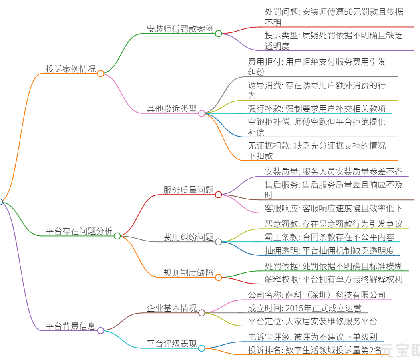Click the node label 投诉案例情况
pyautogui.click(x=71, y=69)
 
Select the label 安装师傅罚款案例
pyautogui.click(x=180, y=29)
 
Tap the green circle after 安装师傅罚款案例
pyautogui.click(x=218, y=34)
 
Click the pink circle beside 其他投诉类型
pyautogui.click(x=202, y=113)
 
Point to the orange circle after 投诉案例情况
pyautogui.click(x=100, y=74)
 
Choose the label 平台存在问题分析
pyautogui.click(x=79, y=231)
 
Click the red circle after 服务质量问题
pyautogui.click(x=218, y=195)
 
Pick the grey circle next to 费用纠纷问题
pyautogui.click(x=218, y=242)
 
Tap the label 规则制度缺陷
pyautogui.click(x=189, y=273)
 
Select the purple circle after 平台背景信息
pyautogui.click(x=100, y=330)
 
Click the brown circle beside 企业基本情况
pyautogui.click(x=202, y=313)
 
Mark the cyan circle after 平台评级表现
pyautogui.click(x=202, y=348)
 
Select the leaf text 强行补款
pyautogui.click(x=265, y=109)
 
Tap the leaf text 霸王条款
pyautogui.click(x=281, y=237)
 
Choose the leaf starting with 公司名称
pyautogui.click(x=317, y=295)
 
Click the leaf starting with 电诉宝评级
pyautogui.click(x=313, y=337)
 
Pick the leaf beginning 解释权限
pyautogui.click(x=334, y=280)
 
